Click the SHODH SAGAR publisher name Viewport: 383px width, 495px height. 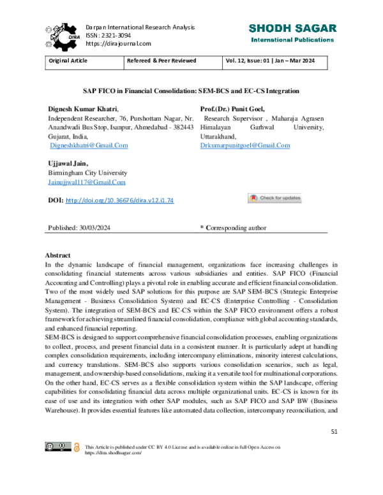click(x=292, y=29)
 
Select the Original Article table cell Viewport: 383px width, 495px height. click(x=68, y=62)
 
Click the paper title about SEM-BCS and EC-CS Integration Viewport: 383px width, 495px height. click(x=191, y=91)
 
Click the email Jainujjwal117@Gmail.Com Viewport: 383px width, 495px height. click(x=87, y=182)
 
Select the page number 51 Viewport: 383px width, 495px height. click(x=334, y=432)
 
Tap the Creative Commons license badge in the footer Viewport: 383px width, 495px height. click(x=57, y=447)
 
